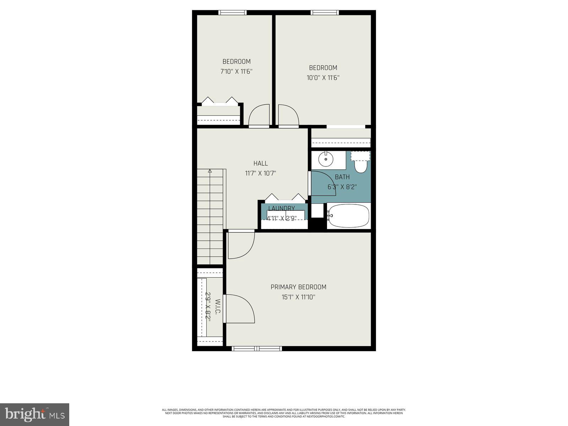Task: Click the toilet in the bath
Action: [361, 166]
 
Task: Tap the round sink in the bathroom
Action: [325, 159]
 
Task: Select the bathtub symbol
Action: [348, 215]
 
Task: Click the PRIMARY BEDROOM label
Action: [298, 287]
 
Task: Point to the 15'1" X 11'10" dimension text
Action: [298, 297]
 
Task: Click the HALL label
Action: [261, 163]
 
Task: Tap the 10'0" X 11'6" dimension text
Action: [323, 78]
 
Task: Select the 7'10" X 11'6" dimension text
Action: [236, 71]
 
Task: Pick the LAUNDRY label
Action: [282, 208]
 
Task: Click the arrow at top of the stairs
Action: [210, 171]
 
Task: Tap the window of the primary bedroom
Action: [257, 349]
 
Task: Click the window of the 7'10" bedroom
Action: [233, 12]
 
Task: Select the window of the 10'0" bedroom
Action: [324, 12]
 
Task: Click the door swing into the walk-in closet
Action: [239, 309]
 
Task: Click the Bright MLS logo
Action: [34, 414]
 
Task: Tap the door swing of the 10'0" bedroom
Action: [288, 115]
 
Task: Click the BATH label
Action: [342, 177]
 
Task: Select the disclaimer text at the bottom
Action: [284, 413]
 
